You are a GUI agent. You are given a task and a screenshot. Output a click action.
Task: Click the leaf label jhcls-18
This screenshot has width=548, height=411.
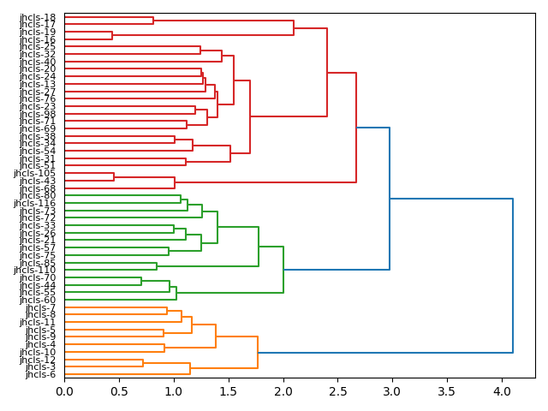click(38, 17)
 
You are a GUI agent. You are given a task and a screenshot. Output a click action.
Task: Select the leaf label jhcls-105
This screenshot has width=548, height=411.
click(35, 173)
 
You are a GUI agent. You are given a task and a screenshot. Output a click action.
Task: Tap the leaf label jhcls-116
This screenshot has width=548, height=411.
click(35, 203)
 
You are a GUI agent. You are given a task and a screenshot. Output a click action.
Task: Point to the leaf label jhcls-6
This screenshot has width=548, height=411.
click(40, 374)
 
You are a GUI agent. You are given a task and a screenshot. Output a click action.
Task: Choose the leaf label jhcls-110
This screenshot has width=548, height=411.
click(35, 270)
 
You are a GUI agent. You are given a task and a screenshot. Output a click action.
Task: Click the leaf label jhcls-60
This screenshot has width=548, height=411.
click(38, 300)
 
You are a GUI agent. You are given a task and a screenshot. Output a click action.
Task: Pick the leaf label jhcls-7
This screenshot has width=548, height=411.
click(40, 307)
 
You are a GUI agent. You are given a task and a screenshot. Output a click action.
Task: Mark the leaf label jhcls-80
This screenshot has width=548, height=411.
click(38, 195)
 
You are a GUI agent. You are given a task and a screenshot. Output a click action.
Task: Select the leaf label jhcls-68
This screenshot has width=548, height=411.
click(38, 188)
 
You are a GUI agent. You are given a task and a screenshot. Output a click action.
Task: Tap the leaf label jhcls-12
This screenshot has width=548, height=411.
click(38, 359)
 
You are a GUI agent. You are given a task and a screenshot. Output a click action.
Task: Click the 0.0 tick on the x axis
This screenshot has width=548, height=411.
click(64, 391)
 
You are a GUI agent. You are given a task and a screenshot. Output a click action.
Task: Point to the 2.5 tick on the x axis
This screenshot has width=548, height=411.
click(337, 391)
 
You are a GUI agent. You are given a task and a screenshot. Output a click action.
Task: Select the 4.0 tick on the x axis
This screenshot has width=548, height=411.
click(502, 391)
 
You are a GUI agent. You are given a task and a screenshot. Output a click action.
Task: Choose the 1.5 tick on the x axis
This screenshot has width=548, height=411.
click(229, 391)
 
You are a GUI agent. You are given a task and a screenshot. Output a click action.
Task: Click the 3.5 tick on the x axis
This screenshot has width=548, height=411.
click(447, 391)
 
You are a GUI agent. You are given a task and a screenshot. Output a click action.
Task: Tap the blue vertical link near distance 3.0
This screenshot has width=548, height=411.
click(390, 199)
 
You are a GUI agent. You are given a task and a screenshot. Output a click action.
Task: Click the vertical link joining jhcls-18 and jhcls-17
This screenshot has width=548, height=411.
click(153, 21)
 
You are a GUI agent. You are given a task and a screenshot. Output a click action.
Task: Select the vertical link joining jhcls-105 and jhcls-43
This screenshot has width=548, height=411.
click(114, 176)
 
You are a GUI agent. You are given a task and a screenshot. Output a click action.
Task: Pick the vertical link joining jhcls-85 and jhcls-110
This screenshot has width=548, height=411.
click(157, 266)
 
